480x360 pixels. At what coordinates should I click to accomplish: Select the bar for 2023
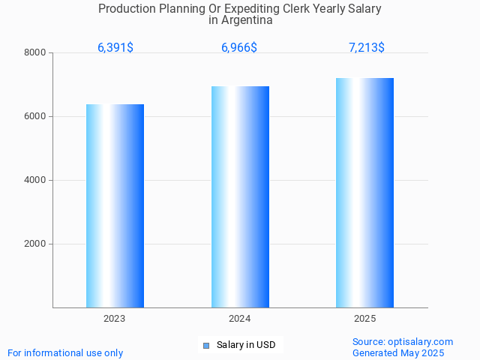(x=115, y=205)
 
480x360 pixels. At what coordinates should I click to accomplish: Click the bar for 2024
(x=240, y=196)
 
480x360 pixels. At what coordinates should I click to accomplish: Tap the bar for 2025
(x=364, y=193)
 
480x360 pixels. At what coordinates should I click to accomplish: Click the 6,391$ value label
(x=115, y=47)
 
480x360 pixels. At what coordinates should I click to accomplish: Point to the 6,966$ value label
(x=239, y=47)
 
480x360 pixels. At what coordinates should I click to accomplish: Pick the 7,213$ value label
(x=367, y=47)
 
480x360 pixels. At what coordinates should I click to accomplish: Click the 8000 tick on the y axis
(x=35, y=52)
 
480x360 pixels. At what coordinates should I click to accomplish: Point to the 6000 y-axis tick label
(x=35, y=116)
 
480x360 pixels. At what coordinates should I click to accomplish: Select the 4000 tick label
(x=35, y=180)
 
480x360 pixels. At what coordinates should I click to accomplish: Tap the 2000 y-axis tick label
(x=35, y=244)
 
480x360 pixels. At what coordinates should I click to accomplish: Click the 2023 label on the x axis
(x=115, y=319)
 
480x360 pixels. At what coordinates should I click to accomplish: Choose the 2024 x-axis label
(x=240, y=319)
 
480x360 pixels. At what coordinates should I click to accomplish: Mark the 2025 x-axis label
(x=364, y=319)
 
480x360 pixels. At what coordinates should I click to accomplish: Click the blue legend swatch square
(x=206, y=346)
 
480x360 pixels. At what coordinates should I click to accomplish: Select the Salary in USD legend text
(x=246, y=345)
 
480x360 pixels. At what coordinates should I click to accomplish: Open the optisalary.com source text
(x=403, y=341)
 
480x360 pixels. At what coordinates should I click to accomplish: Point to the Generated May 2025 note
(x=398, y=352)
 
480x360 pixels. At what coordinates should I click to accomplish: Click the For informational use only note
(x=65, y=352)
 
